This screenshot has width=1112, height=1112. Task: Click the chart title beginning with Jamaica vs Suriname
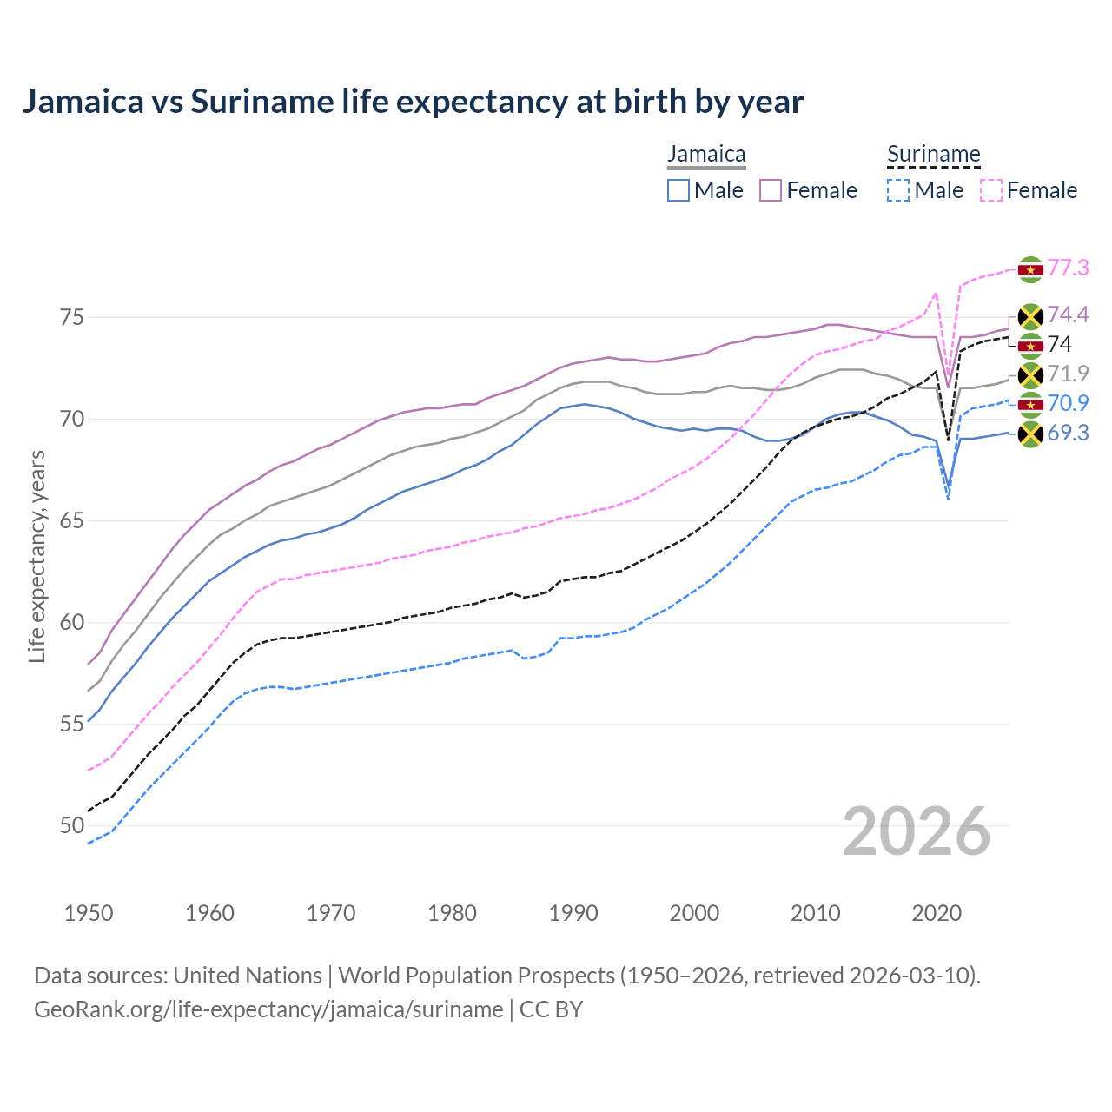pos(413,102)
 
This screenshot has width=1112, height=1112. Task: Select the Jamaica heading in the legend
pos(706,155)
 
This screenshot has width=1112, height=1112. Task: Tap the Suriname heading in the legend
pos(933,155)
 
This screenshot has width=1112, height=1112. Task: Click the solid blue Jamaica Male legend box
pos(678,190)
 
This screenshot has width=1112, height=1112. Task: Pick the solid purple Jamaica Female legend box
pos(771,190)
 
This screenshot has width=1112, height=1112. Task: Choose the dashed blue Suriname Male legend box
pos(898,190)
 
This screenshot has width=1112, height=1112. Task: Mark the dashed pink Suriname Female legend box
pos(990,190)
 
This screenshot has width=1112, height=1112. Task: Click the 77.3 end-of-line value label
pos(1068,268)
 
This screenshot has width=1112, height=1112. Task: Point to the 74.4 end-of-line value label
pos(1068,314)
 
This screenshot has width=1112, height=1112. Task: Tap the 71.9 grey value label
pos(1068,374)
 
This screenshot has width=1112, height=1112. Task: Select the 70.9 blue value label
pos(1068,403)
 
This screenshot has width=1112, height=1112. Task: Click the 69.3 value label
pos(1068,433)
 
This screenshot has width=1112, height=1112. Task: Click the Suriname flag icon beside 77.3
pos(1030,269)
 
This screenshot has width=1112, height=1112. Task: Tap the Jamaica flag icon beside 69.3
pos(1030,434)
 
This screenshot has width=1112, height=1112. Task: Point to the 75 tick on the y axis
pos(72,317)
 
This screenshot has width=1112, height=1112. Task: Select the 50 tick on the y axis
pos(72,825)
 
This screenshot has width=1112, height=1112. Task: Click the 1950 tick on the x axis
pos(89,913)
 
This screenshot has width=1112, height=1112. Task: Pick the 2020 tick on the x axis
pos(937,913)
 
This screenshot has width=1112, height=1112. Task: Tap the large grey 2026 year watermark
pos(916,831)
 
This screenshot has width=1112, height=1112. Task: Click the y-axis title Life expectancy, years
pos(36,556)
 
